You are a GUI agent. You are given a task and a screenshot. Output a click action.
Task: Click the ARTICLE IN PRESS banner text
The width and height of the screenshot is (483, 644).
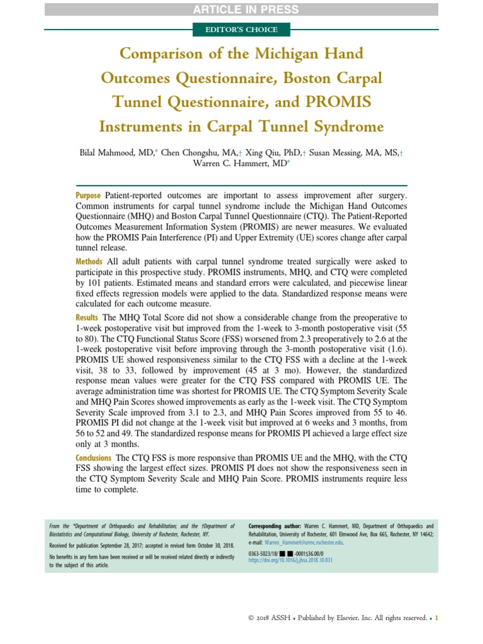click(x=241, y=9)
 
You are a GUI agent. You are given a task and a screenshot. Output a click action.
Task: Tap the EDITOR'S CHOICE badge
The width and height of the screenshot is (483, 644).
click(x=241, y=30)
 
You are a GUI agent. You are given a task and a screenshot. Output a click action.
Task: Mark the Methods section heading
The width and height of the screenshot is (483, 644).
click(x=90, y=261)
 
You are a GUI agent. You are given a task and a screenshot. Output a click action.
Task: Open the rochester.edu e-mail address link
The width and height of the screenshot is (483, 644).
click(x=304, y=541)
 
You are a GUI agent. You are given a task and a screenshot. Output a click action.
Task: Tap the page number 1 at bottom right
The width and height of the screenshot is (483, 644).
click(x=436, y=618)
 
